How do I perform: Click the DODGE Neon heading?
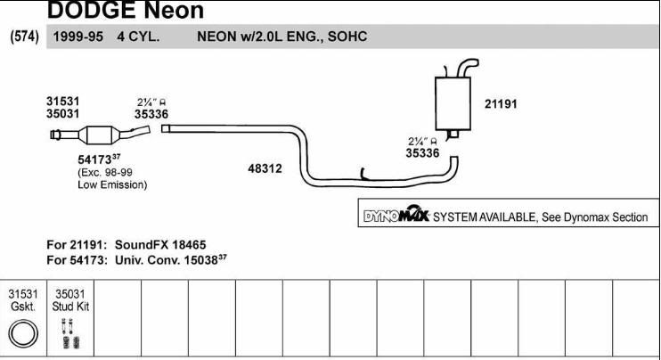[126, 10]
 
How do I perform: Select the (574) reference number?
[24, 37]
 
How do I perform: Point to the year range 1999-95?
[78, 37]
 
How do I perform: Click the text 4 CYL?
[138, 37]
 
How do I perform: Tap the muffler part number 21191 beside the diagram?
[501, 103]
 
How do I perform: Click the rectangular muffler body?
[453, 103]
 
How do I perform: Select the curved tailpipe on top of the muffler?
[468, 68]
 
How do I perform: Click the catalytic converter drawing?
[100, 135]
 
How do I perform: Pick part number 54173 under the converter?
[94, 160]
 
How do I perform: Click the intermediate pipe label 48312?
[265, 168]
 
